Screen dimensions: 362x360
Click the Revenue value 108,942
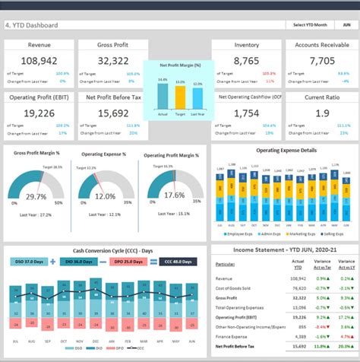click(39, 61)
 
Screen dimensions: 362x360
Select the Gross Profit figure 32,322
click(113, 61)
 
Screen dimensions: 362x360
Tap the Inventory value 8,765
click(246, 61)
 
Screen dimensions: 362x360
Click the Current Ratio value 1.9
click(321, 113)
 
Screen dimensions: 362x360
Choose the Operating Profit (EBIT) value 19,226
click(39, 113)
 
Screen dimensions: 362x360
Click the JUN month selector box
click(346, 25)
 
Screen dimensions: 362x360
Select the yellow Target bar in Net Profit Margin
click(180, 97)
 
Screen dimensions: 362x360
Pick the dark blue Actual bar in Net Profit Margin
click(163, 96)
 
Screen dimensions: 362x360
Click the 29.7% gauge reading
click(36, 196)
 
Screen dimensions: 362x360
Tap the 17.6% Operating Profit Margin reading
click(174, 195)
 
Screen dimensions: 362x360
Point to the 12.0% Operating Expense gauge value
click(105, 195)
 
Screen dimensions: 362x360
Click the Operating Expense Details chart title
click(286, 151)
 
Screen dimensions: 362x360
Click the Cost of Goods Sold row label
click(237, 288)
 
